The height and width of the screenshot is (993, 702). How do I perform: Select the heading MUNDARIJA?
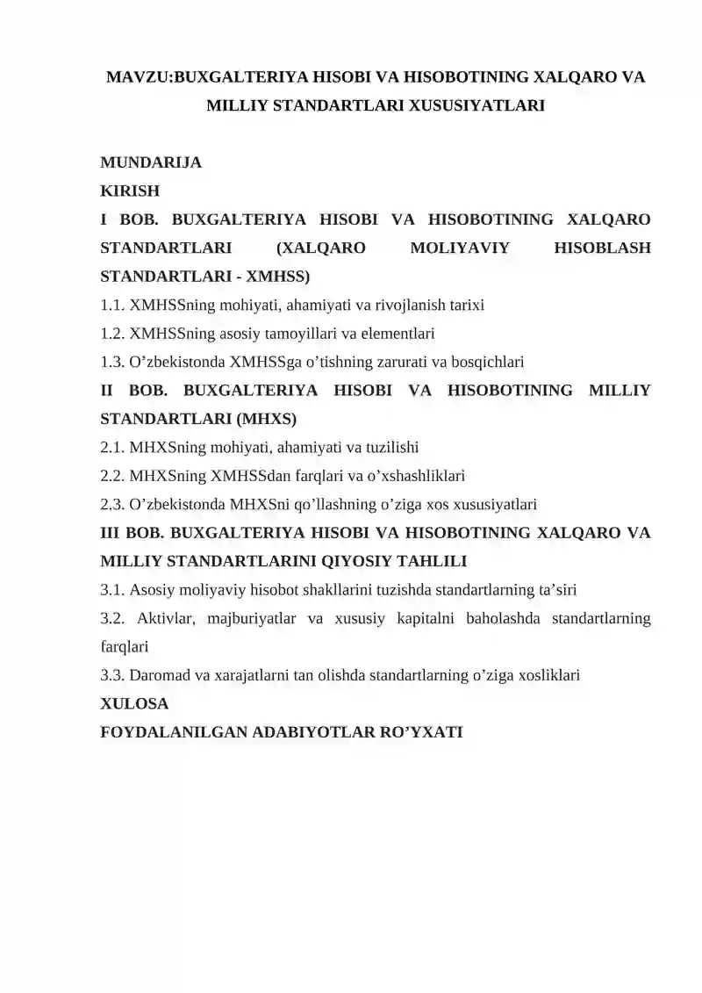pos(151,162)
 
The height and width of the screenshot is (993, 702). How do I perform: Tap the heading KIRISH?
pos(131,191)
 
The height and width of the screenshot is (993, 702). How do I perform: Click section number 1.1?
pos(112,305)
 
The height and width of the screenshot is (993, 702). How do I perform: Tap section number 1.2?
pos(112,333)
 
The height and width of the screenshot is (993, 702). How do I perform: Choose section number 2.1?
pos(112,447)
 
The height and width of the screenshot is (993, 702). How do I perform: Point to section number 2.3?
pos(112,504)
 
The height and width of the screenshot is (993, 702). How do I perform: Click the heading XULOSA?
pos(135,703)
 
